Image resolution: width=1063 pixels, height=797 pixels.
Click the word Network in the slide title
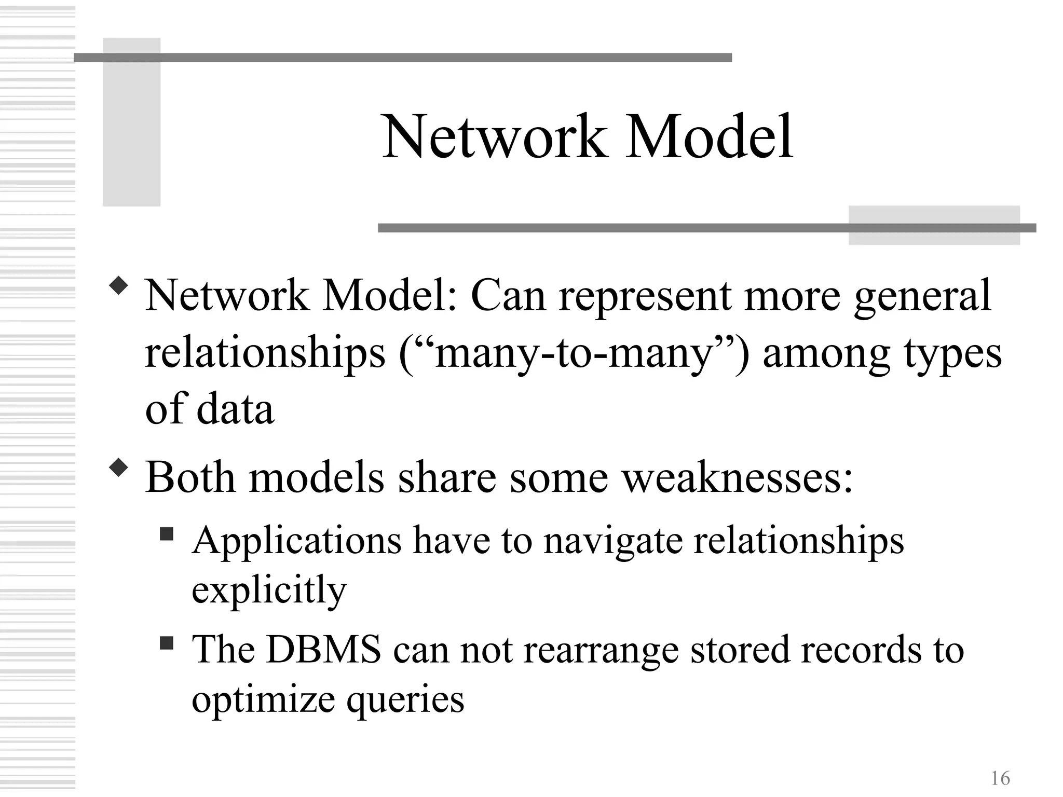coord(494,138)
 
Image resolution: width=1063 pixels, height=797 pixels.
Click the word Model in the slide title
coord(709,138)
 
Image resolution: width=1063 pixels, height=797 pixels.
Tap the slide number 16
coord(1000,778)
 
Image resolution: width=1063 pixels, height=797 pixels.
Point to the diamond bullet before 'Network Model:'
coord(119,286)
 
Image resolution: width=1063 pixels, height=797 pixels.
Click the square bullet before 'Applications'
coord(166,533)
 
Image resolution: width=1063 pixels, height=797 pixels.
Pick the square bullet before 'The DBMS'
coord(166,643)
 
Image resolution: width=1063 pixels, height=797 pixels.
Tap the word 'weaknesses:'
coord(738,477)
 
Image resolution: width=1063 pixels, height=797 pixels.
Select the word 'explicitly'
coord(269,590)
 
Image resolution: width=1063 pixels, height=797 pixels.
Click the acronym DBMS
coord(323,649)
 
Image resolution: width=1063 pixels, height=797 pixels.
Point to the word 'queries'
coord(405,699)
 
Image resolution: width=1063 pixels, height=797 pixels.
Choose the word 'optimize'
coord(263,699)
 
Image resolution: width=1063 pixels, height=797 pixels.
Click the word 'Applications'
coord(296,541)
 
